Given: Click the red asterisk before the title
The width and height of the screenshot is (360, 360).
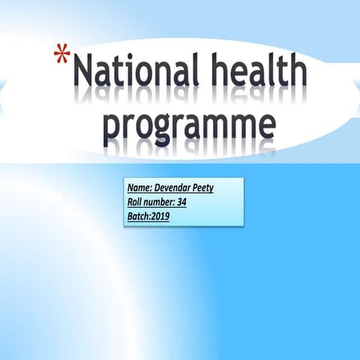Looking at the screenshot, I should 64,56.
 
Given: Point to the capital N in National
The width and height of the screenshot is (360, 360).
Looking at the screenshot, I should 85,73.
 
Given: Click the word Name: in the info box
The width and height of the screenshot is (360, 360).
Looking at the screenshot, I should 141,188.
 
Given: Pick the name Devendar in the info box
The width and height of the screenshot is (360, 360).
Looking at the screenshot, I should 175,188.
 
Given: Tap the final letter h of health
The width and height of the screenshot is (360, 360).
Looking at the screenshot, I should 297,73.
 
